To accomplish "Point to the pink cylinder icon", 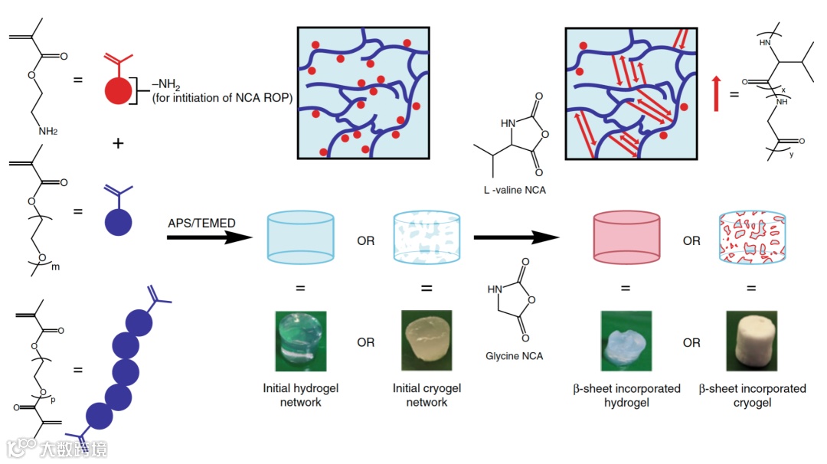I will point(626,236).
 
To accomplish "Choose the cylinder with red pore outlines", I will point(752,237).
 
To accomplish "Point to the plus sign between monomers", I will point(118,142).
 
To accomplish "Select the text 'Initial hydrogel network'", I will point(300,394).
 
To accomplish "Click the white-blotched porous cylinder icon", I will point(427,237).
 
